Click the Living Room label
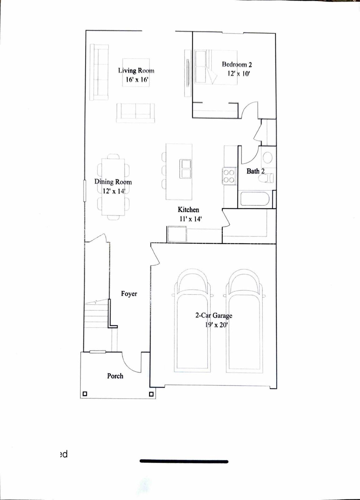click(136, 71)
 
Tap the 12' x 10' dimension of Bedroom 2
click(239, 74)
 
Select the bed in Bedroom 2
click(216, 67)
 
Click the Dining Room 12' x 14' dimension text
click(114, 191)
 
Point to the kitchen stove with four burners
click(229, 176)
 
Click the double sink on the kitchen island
click(185, 169)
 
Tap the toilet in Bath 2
click(266, 178)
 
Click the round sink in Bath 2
click(267, 157)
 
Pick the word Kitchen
click(188, 210)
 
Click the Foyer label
click(129, 294)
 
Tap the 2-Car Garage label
click(214, 316)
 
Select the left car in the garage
click(192, 322)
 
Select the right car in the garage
click(244, 322)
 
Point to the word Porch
click(115, 376)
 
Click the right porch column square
click(151, 394)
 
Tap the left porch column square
click(85, 394)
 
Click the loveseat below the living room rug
click(135, 113)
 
